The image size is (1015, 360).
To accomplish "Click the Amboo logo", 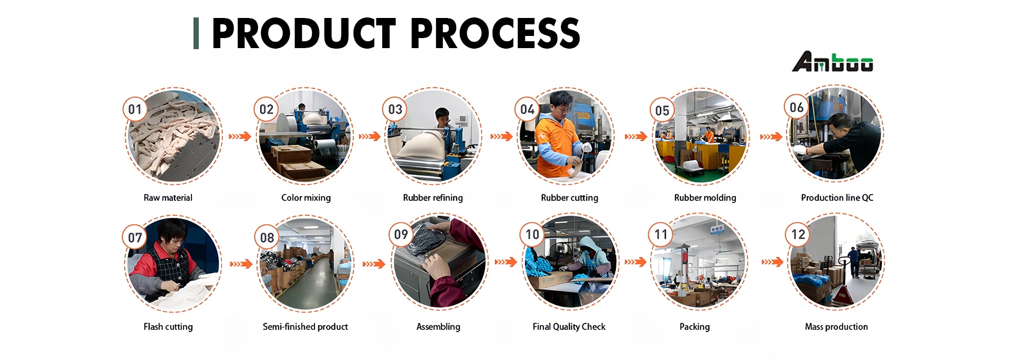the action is [832, 62].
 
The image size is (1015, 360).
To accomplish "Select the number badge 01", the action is [135, 109].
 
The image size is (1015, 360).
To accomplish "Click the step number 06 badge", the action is [796, 108].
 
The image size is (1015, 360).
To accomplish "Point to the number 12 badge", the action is [798, 234].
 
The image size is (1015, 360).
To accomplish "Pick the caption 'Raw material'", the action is [168, 198].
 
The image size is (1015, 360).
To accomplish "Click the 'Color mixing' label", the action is [306, 198].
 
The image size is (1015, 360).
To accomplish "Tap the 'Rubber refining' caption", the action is [433, 198].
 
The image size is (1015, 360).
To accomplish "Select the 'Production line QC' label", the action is [837, 198].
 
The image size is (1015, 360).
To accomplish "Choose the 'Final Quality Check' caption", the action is [569, 327].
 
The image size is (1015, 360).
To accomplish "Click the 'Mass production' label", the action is [836, 327].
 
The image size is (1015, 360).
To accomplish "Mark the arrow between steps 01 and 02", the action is [240, 136].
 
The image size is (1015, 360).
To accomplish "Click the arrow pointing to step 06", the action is [771, 136].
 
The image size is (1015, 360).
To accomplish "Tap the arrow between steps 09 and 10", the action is [506, 262].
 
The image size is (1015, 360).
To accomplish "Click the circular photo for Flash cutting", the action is [173, 264].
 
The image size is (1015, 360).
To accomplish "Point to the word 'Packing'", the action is [695, 327].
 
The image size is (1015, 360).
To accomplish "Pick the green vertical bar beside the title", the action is [196, 33].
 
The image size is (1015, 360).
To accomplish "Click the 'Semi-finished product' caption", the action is [306, 327].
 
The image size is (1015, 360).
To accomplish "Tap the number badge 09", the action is [401, 234].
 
